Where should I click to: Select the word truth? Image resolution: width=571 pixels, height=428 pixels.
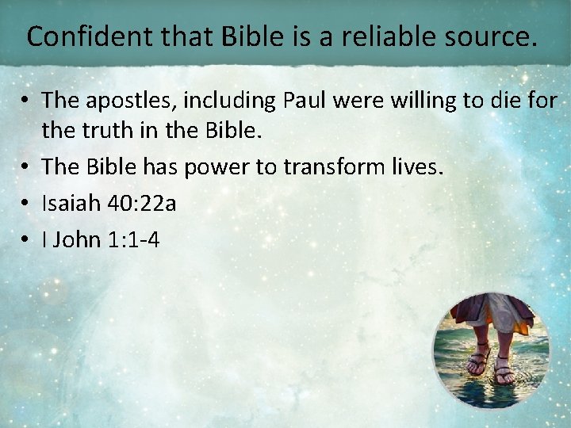coord(109,130)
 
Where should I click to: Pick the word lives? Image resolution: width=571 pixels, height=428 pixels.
coord(418,166)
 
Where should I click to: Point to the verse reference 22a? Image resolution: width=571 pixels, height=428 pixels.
coord(156,203)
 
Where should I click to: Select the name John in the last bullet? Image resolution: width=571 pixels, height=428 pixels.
coord(77,239)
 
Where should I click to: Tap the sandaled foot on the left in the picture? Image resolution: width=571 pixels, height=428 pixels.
coord(477,361)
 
